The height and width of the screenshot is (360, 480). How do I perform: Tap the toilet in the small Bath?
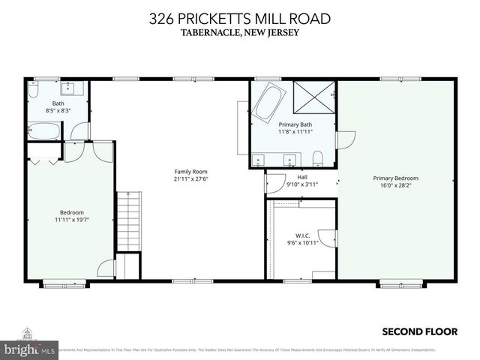click(x=34, y=91)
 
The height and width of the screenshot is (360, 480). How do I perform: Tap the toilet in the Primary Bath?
click(x=318, y=157)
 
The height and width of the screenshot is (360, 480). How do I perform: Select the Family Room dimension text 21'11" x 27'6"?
click(x=190, y=178)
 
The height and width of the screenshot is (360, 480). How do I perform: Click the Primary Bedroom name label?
click(x=395, y=178)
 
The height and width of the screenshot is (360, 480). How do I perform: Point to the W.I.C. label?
click(x=302, y=235)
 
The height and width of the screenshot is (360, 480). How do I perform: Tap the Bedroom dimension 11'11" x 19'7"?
click(x=71, y=220)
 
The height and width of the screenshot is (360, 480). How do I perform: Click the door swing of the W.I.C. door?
click(x=328, y=239)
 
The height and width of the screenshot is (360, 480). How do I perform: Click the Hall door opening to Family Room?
click(x=274, y=181)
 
